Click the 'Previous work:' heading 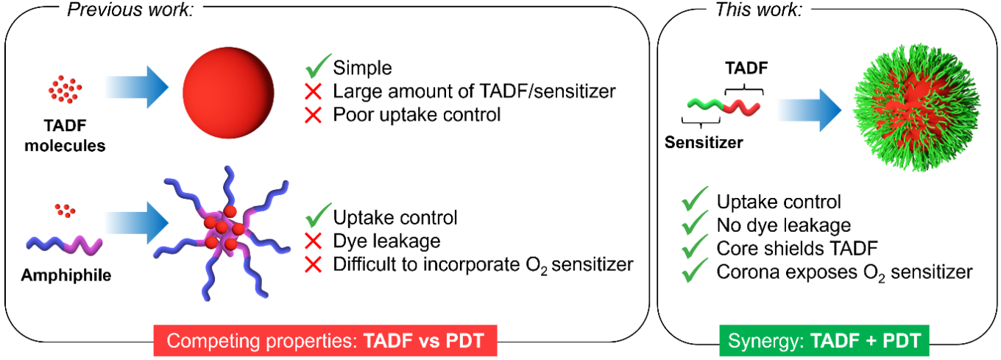(130, 10)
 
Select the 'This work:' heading (759, 10)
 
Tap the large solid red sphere (228, 93)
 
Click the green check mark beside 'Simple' (318, 66)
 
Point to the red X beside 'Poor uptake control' (314, 115)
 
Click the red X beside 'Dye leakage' (314, 241)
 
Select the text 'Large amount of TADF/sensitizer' (474, 91)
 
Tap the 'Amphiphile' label (66, 275)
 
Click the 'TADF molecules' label (65, 135)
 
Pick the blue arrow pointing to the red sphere (136, 87)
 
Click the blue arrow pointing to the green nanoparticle (809, 110)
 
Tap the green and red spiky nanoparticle (917, 107)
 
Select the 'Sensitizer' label (704, 142)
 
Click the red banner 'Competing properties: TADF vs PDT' (325, 341)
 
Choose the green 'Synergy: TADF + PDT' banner (824, 341)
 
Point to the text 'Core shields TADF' (797, 249)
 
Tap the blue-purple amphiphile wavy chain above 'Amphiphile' (64, 245)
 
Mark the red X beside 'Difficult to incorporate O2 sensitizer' (314, 265)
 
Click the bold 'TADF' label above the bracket (746, 68)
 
